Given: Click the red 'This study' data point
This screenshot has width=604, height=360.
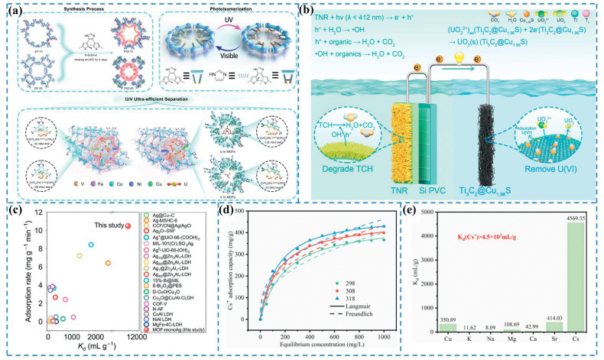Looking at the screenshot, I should click(128, 225).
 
